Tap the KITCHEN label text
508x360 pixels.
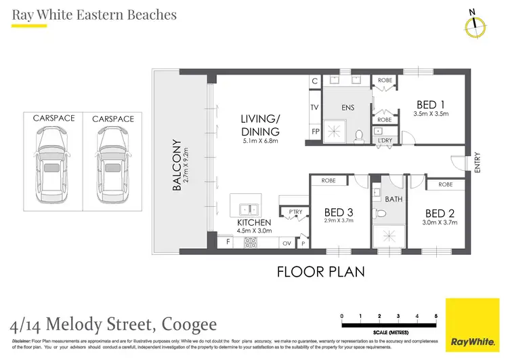point(254,222)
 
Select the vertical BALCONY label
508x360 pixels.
point(176,165)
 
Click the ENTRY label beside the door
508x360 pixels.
point(478,163)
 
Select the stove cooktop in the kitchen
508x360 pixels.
point(250,241)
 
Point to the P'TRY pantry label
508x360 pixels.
point(295,212)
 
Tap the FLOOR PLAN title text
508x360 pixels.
point(321,272)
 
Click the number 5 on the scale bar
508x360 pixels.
point(436,317)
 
